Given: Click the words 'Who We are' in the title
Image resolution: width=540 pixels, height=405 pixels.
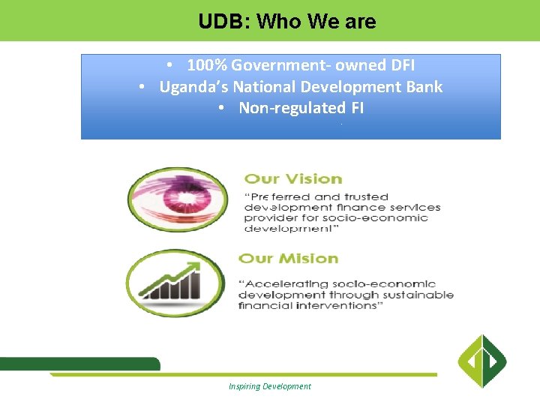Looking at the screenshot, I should [x=316, y=22].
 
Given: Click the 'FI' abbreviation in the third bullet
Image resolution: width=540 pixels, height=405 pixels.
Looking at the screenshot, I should [x=356, y=108].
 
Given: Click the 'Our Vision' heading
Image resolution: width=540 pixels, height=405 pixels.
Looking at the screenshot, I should [x=293, y=178].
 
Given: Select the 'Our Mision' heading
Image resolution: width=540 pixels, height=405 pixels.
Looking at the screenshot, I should [x=288, y=258].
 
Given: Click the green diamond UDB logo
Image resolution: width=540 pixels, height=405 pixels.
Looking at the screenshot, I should [x=482, y=361].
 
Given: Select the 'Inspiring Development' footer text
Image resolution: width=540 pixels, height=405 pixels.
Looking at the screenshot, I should [x=270, y=386].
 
